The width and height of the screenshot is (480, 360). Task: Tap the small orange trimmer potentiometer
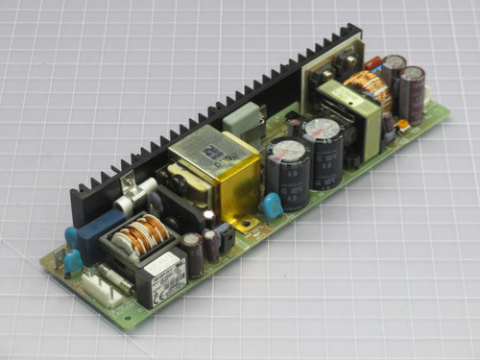[x=404, y=124]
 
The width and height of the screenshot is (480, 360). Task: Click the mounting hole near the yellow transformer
[x=249, y=226]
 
